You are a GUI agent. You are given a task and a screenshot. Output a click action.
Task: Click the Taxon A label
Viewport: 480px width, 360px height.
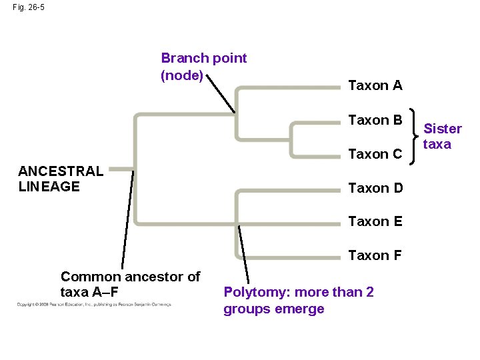(375, 85)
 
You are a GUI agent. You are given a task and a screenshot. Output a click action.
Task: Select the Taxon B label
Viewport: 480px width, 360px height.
(375, 120)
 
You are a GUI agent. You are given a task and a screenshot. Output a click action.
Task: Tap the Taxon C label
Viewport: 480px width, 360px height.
(375, 154)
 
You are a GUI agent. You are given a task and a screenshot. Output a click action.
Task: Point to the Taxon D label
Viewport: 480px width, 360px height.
(375, 188)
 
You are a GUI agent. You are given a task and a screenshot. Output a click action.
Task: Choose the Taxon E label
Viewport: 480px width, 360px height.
(375, 221)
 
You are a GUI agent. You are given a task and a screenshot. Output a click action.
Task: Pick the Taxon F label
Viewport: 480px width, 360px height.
(375, 255)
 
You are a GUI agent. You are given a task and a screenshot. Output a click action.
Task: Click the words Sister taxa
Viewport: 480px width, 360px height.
(442, 136)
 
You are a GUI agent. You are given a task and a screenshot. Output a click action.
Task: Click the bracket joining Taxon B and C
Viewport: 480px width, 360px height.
(416, 137)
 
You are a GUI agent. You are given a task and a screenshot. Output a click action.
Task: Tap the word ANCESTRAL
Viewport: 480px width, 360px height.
(61, 171)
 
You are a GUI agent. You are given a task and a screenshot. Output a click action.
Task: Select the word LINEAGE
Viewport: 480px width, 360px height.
(49, 187)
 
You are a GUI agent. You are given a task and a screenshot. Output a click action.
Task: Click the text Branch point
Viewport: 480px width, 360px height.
(203, 58)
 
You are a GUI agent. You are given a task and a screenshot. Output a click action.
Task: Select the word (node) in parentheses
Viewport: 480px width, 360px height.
(181, 75)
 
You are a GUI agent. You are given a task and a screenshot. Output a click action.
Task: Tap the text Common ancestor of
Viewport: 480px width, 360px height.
(130, 277)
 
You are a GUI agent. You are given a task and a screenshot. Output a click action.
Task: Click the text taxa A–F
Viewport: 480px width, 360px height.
(90, 292)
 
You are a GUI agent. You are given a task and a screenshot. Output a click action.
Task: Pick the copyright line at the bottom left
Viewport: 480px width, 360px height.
(93, 305)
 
